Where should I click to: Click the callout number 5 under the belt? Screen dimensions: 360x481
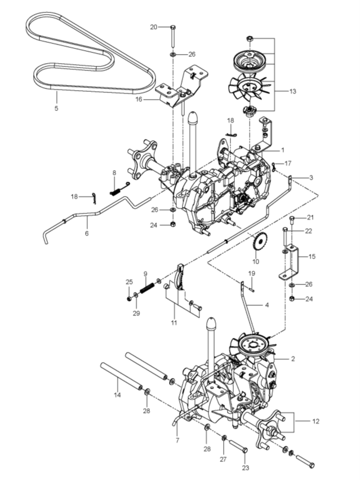pos(56,108)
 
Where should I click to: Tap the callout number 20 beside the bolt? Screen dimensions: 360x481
pos(153,27)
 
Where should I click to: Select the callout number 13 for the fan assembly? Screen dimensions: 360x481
pos(293,91)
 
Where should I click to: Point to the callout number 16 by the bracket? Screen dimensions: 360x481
pos(139,99)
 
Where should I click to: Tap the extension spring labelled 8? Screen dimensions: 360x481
pos(119,188)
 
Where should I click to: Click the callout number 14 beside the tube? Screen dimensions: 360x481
pos(117,395)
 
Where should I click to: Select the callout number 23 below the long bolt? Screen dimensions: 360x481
pos(246,468)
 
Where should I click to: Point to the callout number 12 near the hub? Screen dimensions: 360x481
pos(315,421)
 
